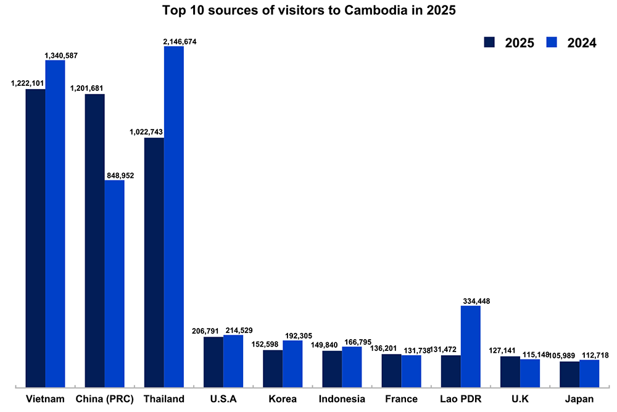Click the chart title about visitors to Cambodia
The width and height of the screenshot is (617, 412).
point(308,11)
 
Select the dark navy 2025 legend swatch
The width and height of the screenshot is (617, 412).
point(491,42)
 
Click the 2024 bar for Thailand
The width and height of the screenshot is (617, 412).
point(173,216)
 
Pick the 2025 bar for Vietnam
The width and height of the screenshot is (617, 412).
point(35,238)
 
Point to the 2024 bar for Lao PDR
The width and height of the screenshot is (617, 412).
point(470,346)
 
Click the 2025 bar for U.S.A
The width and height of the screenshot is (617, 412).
point(213,361)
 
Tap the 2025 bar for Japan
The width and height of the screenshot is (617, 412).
point(569,374)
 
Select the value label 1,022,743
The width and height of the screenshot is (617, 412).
point(144,132)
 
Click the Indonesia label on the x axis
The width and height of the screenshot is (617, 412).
point(342,399)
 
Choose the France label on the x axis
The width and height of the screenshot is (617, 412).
point(401,399)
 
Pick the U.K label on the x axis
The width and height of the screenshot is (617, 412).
point(520,399)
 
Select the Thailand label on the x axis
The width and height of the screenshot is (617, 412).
point(164,399)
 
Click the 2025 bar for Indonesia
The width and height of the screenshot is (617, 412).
point(332,368)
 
